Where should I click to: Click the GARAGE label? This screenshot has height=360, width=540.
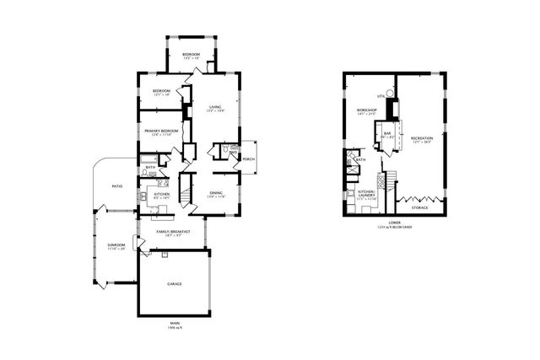(175, 283)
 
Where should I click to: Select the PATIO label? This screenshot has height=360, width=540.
(117, 186)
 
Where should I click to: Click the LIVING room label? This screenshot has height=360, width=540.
(215, 107)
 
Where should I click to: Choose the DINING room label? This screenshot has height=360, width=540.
(217, 193)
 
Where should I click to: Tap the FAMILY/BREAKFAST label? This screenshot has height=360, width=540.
(173, 231)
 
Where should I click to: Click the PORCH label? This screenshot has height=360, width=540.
(249, 158)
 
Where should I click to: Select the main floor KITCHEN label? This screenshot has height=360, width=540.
(162, 194)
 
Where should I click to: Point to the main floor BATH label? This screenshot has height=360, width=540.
(149, 167)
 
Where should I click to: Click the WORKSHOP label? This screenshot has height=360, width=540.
(365, 110)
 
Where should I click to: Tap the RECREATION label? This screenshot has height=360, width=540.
(422, 137)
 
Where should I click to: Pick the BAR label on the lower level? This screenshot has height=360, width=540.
(387, 133)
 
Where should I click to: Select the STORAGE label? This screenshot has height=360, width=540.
(418, 207)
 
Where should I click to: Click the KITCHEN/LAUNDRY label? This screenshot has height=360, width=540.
(365, 193)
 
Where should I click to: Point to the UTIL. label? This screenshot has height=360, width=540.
(381, 97)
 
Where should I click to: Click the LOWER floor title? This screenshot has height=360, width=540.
(394, 223)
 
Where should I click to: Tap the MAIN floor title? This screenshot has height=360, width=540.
(175, 323)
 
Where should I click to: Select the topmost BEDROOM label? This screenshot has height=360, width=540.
(192, 55)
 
